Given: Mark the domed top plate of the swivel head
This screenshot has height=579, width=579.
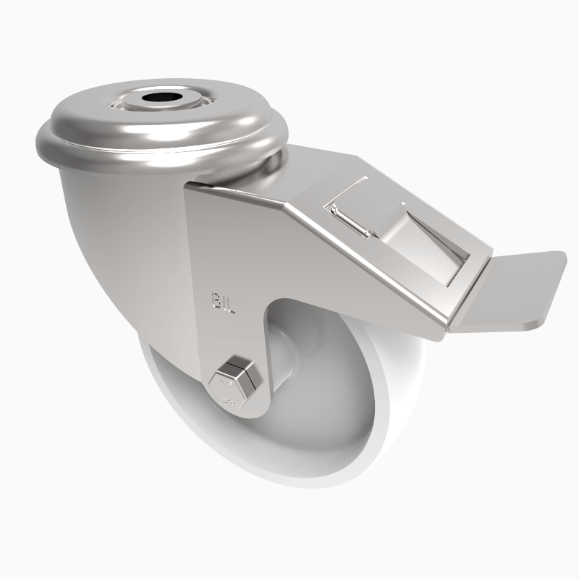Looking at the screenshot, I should pyautogui.click(x=116, y=116).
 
